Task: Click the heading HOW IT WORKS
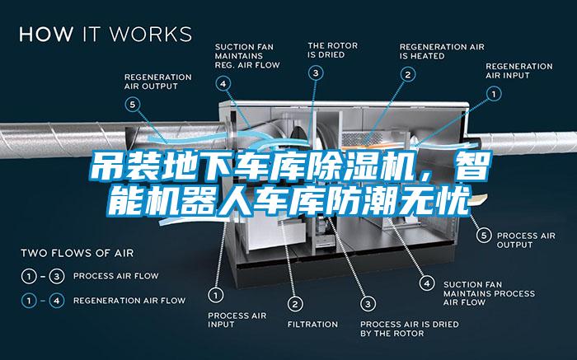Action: (106, 34)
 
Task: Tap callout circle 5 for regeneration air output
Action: (133, 105)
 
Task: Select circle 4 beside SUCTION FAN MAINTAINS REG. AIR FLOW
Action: (223, 83)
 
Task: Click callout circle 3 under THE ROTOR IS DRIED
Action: (316, 72)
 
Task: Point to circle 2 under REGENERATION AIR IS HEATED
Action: (408, 75)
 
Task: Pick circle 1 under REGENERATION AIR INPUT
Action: (494, 94)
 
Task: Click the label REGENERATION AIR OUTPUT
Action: (158, 82)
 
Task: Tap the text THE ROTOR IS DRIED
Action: (333, 50)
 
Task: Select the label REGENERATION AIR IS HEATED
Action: (442, 51)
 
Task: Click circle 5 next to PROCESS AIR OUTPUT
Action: (484, 236)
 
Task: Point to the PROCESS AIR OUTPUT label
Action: (526, 240)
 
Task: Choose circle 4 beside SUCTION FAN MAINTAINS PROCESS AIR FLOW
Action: (427, 283)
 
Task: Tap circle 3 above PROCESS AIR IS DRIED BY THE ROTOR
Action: (368, 304)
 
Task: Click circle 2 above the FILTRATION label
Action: (295, 304)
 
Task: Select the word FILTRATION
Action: (312, 325)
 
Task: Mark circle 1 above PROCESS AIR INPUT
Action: (216, 295)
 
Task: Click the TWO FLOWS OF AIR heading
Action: (77, 254)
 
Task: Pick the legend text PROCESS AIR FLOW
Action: (116, 276)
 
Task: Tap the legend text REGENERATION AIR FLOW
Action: (129, 301)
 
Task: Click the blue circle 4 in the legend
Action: (57, 301)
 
